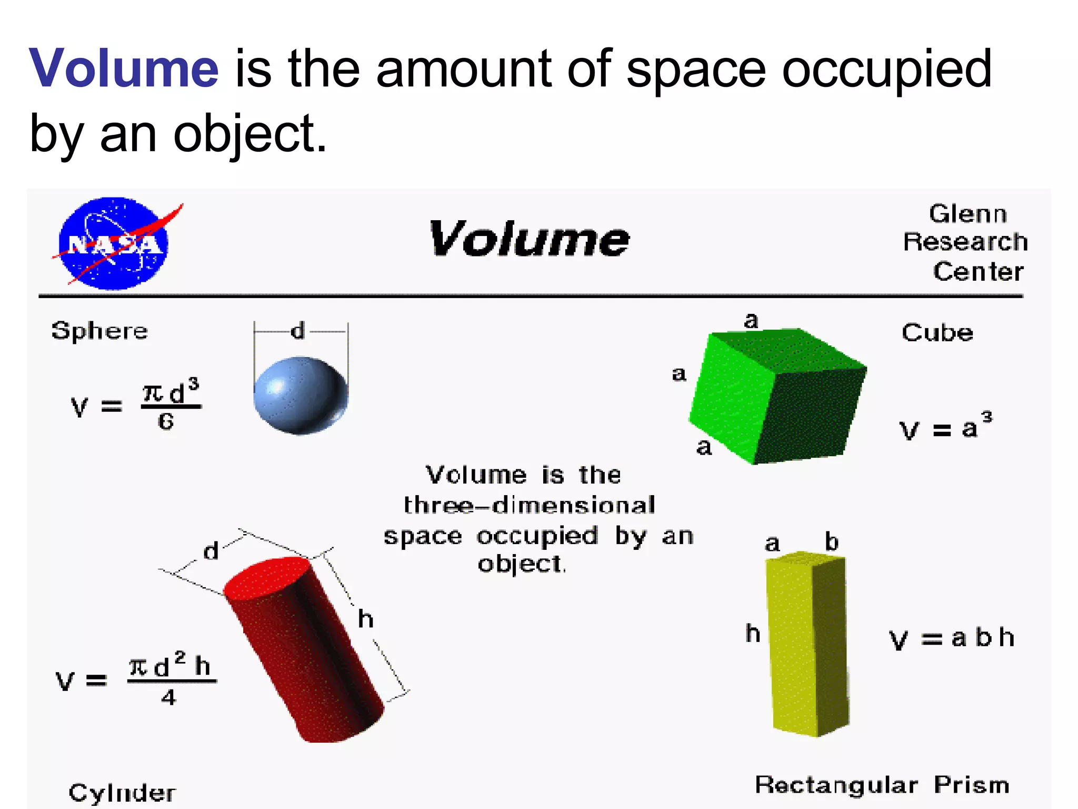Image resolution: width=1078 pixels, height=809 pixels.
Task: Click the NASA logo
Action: click(114, 243)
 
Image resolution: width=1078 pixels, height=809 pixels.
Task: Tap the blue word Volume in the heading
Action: click(124, 68)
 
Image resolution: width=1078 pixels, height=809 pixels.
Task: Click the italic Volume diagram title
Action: click(529, 240)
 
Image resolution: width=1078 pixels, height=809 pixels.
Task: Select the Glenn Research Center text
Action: click(966, 243)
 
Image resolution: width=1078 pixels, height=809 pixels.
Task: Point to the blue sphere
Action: click(301, 395)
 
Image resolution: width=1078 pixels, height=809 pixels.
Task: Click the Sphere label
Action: click(99, 331)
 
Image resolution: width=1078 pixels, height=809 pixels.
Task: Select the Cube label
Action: click(937, 333)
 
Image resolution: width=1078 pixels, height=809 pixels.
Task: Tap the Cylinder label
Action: click(122, 793)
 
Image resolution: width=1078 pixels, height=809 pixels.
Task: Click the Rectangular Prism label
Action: click(882, 785)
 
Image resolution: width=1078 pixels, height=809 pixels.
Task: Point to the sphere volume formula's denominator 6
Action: click(166, 421)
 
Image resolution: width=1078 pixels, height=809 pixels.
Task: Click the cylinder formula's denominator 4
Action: click(168, 698)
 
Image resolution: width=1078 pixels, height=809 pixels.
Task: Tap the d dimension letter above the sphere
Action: click(298, 331)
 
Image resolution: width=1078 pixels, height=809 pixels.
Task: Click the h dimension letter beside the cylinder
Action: click(365, 619)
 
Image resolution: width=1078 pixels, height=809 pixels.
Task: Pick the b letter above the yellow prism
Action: click(832, 542)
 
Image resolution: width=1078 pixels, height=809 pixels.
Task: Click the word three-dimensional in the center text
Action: click(529, 506)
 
